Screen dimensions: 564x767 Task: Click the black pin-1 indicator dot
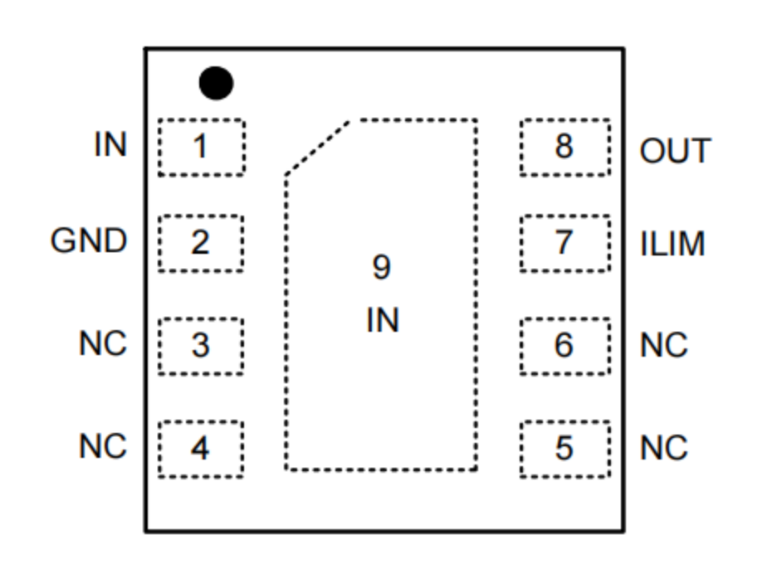(x=216, y=83)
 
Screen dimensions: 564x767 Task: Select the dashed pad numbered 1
(x=201, y=147)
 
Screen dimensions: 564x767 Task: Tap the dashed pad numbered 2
(x=201, y=243)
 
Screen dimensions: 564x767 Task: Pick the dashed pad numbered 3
(x=201, y=345)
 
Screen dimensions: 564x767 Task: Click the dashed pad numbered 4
(x=201, y=449)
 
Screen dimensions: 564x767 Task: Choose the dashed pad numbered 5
(x=564, y=449)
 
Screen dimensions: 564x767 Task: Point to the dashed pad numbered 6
(x=564, y=345)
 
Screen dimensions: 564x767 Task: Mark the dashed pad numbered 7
(x=564, y=243)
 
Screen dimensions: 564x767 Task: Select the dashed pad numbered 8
(x=564, y=147)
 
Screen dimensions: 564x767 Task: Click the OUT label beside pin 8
(x=675, y=152)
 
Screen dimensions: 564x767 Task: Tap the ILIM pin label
(x=672, y=245)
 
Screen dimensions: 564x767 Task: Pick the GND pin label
(x=89, y=242)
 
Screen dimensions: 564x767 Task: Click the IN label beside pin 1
(x=110, y=145)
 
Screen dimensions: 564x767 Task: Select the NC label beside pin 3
(x=104, y=343)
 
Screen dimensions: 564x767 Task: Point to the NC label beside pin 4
(x=104, y=447)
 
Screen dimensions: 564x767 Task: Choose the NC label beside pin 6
(x=664, y=345)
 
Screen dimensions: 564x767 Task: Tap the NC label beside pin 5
(x=664, y=449)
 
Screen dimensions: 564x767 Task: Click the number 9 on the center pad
(x=381, y=268)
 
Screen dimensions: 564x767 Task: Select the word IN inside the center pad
(x=382, y=320)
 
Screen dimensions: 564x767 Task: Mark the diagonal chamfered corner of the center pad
(x=317, y=148)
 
